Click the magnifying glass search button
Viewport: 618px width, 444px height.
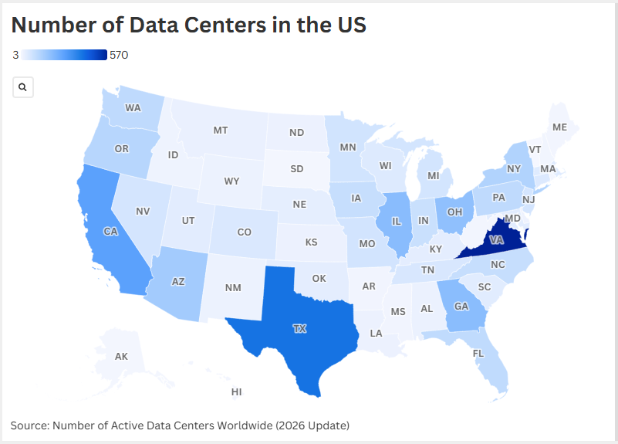23,87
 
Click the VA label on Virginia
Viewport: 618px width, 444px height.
497,240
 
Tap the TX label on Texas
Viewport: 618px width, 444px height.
299,328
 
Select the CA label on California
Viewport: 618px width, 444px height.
111,230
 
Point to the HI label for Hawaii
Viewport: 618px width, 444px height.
237,392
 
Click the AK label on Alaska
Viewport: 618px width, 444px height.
121,356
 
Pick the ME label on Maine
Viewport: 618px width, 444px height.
559,127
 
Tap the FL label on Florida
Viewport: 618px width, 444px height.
478,354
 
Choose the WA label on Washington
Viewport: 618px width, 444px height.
133,107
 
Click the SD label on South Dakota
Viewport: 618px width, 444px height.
296,168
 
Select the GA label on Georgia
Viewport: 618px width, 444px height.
461,306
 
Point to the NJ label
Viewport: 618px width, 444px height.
529,199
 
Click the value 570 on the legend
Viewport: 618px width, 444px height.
119,55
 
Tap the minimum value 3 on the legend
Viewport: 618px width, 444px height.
15,55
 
